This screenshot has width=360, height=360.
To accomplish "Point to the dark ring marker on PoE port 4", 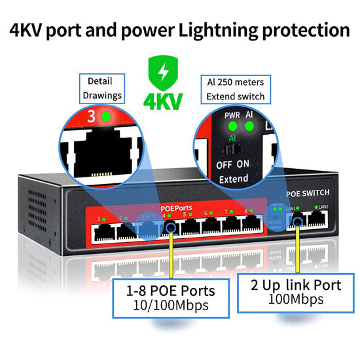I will [x=172, y=227].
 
